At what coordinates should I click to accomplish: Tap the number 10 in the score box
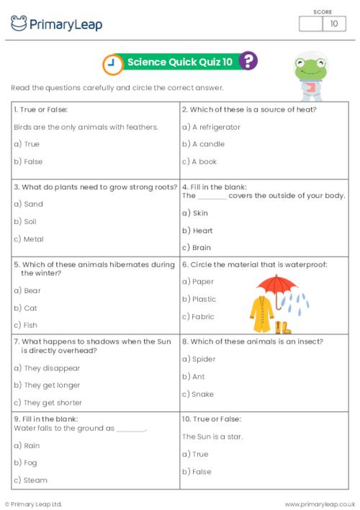(x=333, y=24)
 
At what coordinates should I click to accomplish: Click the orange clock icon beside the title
(x=112, y=63)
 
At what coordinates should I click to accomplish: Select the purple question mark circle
(x=248, y=62)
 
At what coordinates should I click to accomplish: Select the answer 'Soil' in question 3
(x=30, y=221)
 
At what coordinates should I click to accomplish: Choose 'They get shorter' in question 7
(x=48, y=403)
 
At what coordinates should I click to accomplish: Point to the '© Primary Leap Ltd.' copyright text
(x=33, y=504)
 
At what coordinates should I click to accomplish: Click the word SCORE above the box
(x=323, y=11)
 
